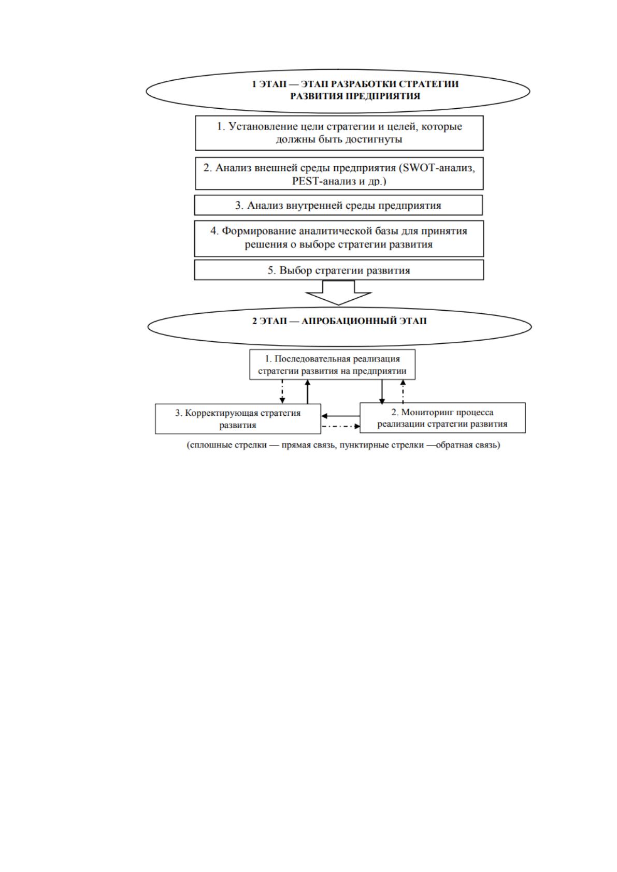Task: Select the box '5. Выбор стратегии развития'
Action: [339, 270]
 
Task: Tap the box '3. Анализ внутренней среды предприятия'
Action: [338, 205]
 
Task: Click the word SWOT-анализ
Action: [439, 168]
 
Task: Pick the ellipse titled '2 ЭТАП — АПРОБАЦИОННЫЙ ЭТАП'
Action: [339, 327]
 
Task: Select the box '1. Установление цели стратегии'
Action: [339, 133]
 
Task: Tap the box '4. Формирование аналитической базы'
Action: [339, 238]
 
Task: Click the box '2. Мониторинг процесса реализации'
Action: [442, 418]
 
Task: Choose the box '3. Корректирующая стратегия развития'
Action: [238, 418]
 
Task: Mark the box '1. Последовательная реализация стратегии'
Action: [332, 365]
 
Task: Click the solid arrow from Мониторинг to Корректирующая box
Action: [340, 416]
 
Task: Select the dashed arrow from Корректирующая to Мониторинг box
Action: [340, 426]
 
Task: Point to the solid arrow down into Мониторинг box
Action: [382, 391]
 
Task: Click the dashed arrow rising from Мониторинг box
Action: [403, 391]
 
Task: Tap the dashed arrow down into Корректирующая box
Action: [282, 391]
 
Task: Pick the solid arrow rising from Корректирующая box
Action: [307, 391]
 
